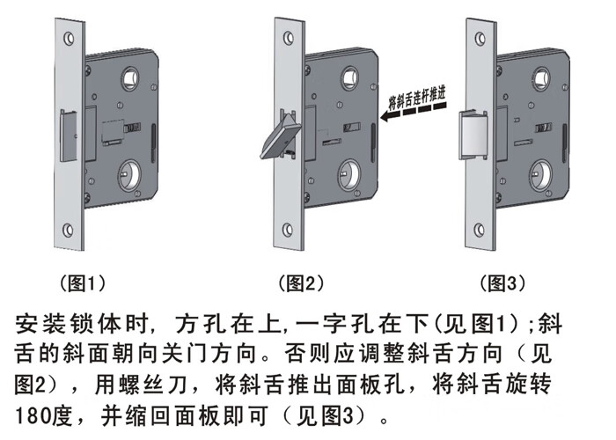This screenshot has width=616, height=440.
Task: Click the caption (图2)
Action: point(301,283)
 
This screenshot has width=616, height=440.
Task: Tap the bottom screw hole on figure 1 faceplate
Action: point(70,232)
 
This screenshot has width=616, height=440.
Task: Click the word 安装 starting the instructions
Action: point(35,326)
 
